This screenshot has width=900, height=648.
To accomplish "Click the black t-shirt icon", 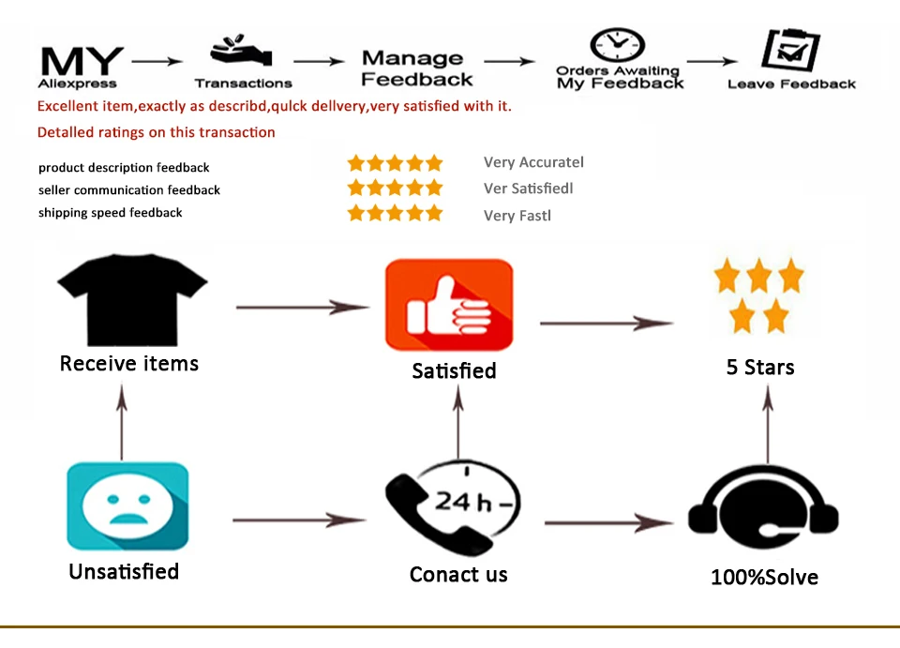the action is click(132, 299).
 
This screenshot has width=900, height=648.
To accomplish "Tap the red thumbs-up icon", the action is click(449, 305).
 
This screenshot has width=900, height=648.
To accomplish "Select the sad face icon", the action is click(127, 505).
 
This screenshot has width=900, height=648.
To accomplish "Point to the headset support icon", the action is click(763, 507).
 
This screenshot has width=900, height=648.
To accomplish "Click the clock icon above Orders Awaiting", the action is click(618, 45).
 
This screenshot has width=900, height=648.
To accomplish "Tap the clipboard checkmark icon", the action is click(791, 51).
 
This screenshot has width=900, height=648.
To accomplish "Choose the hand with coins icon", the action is click(241, 51).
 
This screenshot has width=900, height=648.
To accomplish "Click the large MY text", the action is click(82, 61).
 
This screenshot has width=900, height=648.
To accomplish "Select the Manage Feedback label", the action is click(416, 68).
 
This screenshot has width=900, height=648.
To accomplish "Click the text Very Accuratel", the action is click(533, 162).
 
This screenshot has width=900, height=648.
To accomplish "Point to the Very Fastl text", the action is click(517, 216).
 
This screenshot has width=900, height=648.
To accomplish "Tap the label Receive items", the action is click(129, 363).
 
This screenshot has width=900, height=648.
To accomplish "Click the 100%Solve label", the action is click(765, 577).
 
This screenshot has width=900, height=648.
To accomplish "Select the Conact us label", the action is click(458, 575).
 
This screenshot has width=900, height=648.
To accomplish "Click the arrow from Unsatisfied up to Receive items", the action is click(122, 422).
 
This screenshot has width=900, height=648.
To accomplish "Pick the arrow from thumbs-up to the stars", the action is click(607, 324).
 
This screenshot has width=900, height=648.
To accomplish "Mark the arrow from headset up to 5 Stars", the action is click(768, 424).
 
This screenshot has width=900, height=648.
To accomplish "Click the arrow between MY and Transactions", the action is click(157, 61).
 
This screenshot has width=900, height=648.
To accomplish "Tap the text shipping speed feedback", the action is click(111, 213).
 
